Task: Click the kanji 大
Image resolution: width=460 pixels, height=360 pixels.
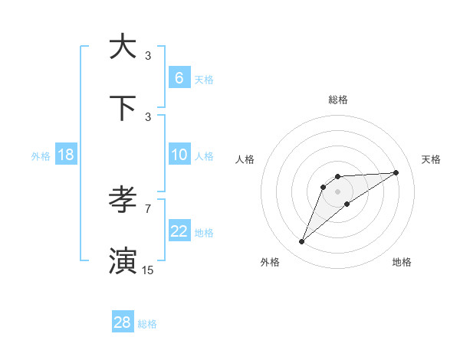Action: pyautogui.click(x=123, y=47)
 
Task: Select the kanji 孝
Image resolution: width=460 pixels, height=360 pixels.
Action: pyautogui.click(x=123, y=201)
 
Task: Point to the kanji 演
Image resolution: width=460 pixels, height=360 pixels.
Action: pyautogui.click(x=123, y=260)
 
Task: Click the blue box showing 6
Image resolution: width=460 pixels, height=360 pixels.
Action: pyautogui.click(x=179, y=78)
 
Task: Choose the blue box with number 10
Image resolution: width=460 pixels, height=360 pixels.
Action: pyautogui.click(x=179, y=155)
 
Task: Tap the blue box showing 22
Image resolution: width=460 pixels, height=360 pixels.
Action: pyautogui.click(x=179, y=231)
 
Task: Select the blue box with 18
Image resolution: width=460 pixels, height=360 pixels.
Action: pyautogui.click(x=66, y=155)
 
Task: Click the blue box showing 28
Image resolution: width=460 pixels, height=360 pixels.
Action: pyautogui.click(x=123, y=322)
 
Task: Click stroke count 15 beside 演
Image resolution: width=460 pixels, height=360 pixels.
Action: pyautogui.click(x=147, y=270)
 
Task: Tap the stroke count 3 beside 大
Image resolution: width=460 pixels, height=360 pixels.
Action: pyautogui.click(x=148, y=55)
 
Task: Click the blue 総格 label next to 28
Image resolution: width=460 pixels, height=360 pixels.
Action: pyautogui.click(x=147, y=324)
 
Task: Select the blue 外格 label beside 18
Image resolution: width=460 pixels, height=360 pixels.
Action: pyautogui.click(x=41, y=156)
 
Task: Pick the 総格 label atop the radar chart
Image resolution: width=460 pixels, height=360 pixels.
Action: pyautogui.click(x=337, y=100)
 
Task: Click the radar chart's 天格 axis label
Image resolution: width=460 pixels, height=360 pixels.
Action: pyautogui.click(x=431, y=159)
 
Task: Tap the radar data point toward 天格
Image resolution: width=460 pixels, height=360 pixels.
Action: pyautogui.click(x=396, y=172)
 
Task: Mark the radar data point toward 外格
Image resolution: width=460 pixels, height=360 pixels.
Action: pyautogui.click(x=301, y=242)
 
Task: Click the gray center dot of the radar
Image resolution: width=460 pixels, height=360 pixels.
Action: pyautogui.click(x=337, y=191)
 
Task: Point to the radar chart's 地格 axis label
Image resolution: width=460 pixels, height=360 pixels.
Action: pyautogui.click(x=402, y=262)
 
